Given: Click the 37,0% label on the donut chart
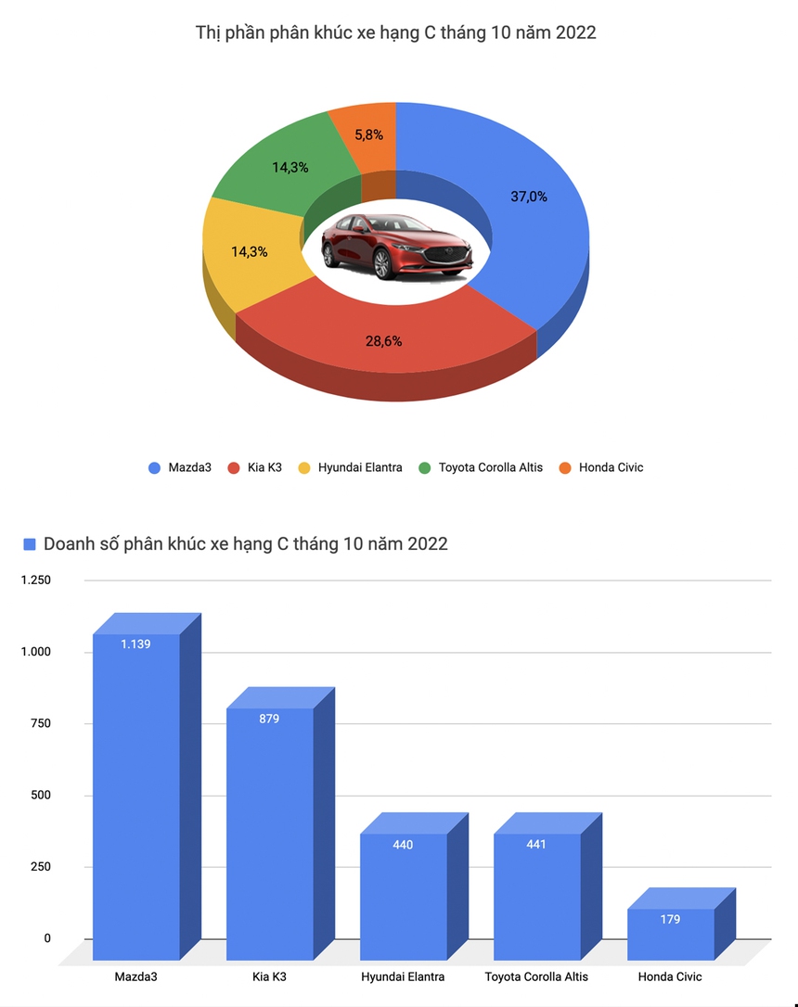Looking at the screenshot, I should coord(529,196).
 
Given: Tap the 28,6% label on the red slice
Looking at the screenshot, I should coord(383,340).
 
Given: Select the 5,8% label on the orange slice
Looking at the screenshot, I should coord(368,134).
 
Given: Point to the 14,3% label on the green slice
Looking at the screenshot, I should coord(290,168).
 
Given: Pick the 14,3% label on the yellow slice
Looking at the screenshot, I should coord(250,251).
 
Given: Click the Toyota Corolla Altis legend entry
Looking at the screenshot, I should coord(482,467).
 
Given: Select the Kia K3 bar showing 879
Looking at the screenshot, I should coord(270,835).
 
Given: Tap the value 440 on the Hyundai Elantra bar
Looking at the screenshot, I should coord(403,845).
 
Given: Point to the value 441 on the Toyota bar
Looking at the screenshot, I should coord(536,845).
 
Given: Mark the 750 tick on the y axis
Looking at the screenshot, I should coord(40,723).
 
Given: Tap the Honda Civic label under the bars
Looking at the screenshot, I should coord(670,976).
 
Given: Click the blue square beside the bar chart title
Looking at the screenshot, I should coord(30,544).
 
